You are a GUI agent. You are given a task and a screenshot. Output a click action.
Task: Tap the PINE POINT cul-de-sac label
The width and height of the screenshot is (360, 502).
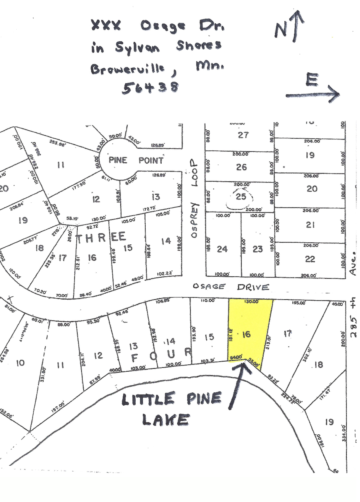136,160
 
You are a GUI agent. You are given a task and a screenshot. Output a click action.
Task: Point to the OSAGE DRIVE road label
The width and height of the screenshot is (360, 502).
231,287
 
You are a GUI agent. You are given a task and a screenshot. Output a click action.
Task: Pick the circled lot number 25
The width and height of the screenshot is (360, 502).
241,196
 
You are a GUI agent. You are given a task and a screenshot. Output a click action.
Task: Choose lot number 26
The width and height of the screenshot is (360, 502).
241,167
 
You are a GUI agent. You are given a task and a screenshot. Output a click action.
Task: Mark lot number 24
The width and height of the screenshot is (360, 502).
222,249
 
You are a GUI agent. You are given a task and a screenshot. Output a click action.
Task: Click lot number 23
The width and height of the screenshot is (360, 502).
258,249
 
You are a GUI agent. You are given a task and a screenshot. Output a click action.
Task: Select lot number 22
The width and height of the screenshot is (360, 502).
310,259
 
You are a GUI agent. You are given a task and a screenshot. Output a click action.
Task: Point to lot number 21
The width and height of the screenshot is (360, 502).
310,225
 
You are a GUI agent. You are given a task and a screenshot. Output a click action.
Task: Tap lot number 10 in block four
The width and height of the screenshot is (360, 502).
20,363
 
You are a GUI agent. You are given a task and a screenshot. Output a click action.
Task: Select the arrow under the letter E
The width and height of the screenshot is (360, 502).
312,95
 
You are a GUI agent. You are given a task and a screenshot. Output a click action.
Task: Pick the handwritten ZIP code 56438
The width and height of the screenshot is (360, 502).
150,87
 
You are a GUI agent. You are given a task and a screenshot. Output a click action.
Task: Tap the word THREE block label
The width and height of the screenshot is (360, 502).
101,238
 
